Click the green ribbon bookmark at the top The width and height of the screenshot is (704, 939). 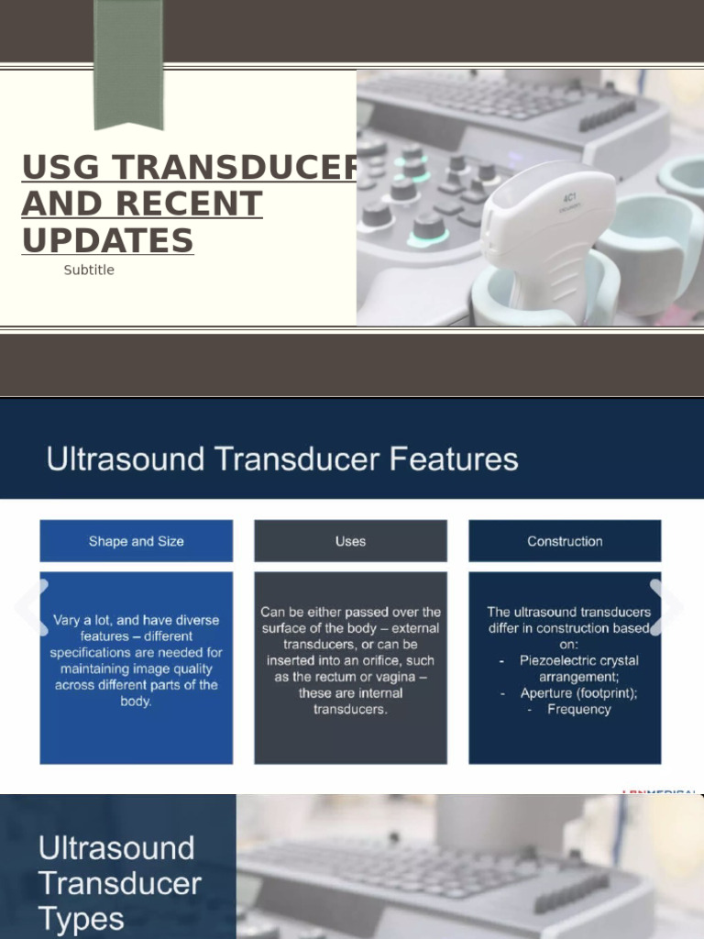point(128,64)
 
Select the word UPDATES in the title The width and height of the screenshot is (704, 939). point(107,240)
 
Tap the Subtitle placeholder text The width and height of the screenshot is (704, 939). point(89,270)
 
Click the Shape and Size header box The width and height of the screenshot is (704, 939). point(136,541)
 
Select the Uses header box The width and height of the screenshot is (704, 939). point(350,541)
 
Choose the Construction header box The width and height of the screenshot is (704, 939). point(565,541)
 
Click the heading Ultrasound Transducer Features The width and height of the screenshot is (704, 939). point(282,458)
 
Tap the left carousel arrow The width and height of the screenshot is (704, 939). point(31,607)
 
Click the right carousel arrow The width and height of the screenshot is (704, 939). point(666,607)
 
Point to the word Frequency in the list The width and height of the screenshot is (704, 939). point(578,709)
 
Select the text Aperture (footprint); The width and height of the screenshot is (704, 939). point(578,693)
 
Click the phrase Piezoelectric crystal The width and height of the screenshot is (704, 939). point(578,660)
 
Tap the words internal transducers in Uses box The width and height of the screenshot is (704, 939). point(350,701)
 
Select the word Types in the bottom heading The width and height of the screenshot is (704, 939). point(81,918)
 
